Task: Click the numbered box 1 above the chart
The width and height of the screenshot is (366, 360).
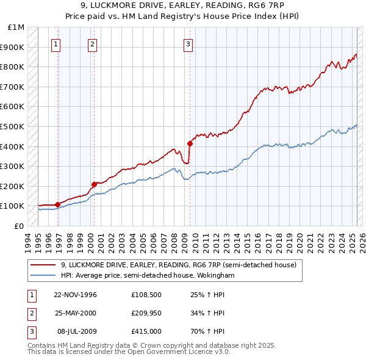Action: coord(56,43)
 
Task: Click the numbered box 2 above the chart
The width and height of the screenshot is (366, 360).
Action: coord(92,43)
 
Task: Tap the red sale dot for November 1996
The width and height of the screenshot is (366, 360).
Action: coord(58,204)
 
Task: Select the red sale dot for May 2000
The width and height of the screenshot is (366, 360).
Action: coord(94,184)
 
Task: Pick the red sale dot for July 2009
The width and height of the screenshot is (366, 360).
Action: coord(190,143)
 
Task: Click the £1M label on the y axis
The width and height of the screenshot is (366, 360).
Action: coord(16,27)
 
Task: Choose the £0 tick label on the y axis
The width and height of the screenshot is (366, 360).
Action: coord(20,226)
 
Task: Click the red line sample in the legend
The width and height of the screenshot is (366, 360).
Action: coord(43,265)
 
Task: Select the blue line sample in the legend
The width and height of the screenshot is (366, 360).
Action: coord(43,276)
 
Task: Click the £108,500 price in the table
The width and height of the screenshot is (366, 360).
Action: coord(146,294)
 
